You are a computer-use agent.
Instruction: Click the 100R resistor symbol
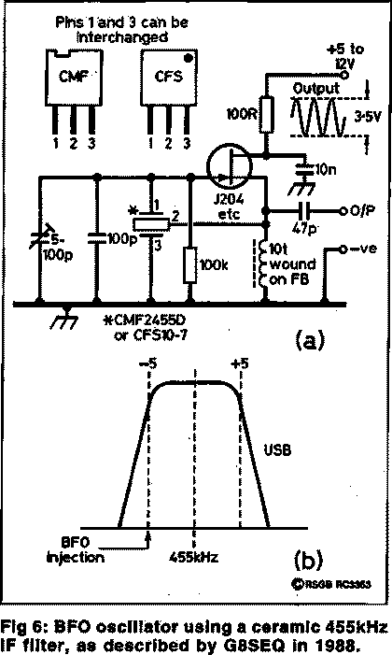click(x=266, y=114)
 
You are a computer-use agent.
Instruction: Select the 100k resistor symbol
click(x=190, y=264)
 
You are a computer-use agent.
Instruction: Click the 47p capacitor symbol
click(x=304, y=210)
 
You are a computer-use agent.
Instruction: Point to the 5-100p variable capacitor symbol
click(x=39, y=239)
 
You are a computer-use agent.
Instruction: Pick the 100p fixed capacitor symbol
click(x=97, y=238)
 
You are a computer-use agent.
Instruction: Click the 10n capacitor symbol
click(x=305, y=169)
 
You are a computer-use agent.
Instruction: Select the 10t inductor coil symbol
click(x=262, y=263)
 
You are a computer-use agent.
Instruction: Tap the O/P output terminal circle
click(x=343, y=210)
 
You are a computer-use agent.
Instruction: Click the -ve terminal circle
click(x=343, y=249)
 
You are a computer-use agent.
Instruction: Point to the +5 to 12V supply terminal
click(x=344, y=75)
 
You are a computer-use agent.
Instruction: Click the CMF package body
click(x=74, y=78)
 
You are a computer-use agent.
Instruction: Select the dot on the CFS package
click(x=189, y=58)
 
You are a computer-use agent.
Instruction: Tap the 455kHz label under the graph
click(x=194, y=557)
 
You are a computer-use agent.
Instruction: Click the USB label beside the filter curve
click(x=277, y=449)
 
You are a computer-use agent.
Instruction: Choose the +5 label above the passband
click(x=240, y=363)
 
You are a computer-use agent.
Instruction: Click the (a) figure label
click(x=309, y=339)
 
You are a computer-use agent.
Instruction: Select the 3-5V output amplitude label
click(x=368, y=117)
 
